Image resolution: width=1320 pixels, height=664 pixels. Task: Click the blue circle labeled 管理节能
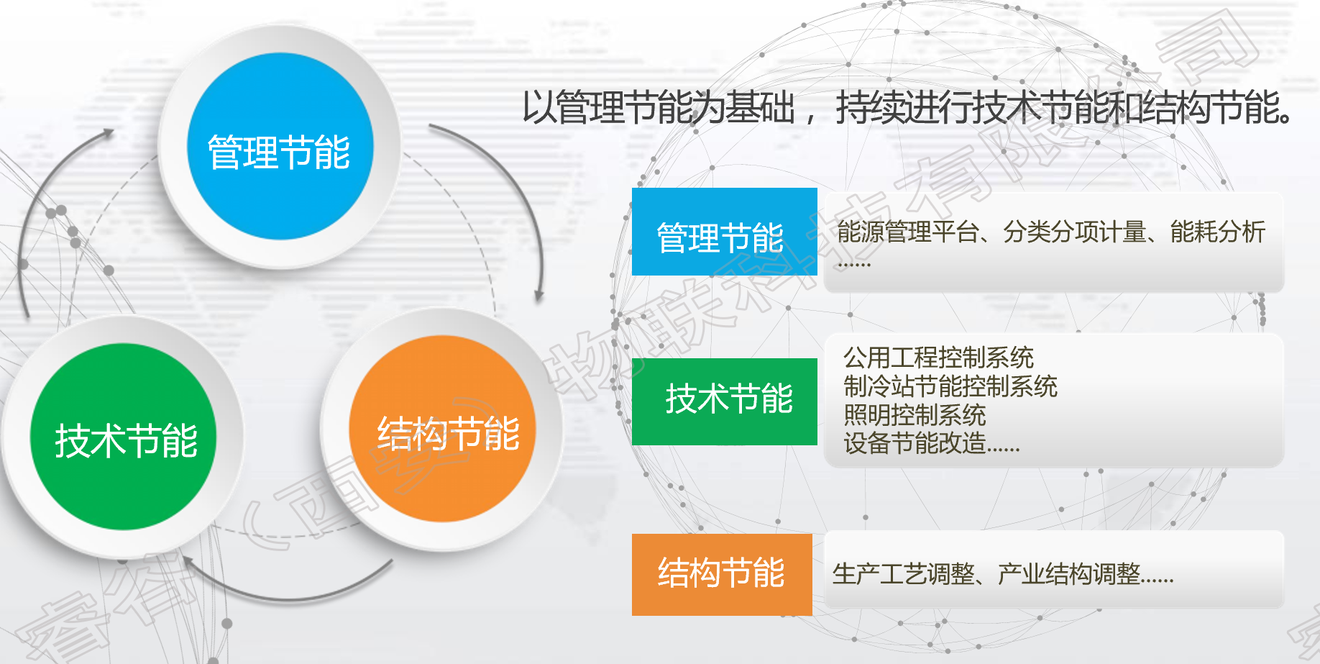click(x=280, y=146)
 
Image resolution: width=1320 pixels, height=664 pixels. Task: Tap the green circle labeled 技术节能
click(x=124, y=437)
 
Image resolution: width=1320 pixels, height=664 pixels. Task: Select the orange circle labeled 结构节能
click(x=442, y=429)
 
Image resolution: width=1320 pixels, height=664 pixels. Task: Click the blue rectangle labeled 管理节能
click(x=725, y=232)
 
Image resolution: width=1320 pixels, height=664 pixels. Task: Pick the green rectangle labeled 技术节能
click(x=725, y=401)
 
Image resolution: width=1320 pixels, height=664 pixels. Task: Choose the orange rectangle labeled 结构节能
click(x=722, y=575)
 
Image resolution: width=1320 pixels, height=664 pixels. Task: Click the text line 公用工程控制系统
click(x=938, y=358)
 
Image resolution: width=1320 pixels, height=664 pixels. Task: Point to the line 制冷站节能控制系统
click(x=950, y=386)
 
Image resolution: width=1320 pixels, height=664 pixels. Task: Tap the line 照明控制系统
click(x=915, y=415)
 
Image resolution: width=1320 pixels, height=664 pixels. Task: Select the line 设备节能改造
click(x=915, y=444)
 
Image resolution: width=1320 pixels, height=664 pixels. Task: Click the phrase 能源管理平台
click(x=908, y=232)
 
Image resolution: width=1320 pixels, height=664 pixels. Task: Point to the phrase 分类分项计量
click(x=1075, y=232)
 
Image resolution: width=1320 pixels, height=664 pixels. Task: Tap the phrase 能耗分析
click(x=1218, y=232)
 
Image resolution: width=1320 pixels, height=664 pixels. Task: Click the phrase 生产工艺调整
click(x=903, y=574)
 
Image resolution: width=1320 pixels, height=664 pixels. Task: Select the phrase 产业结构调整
click(x=1069, y=574)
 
